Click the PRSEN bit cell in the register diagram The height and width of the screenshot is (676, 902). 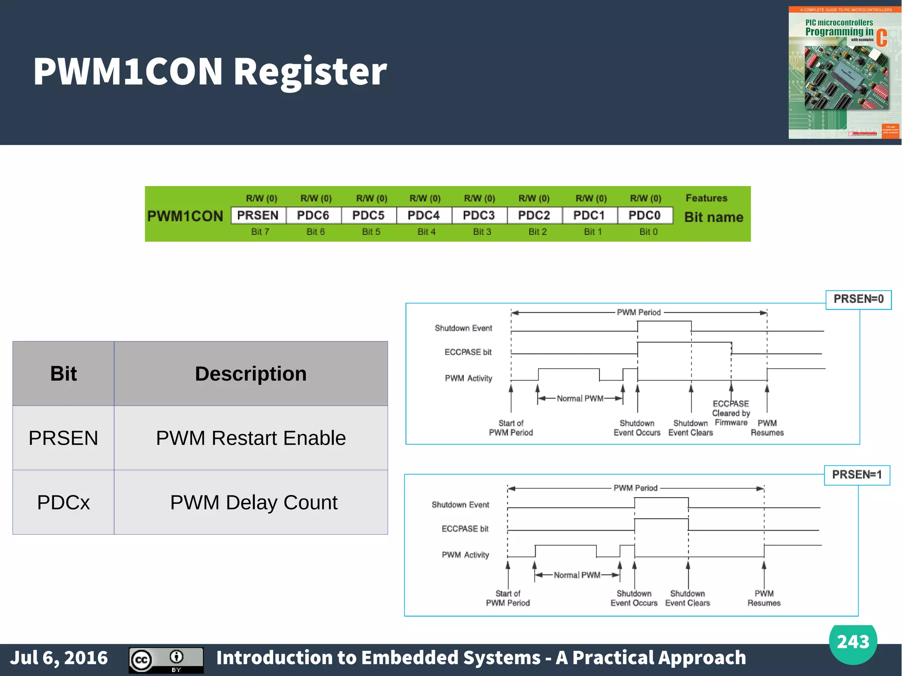point(258,215)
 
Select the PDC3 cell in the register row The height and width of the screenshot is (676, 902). point(479,215)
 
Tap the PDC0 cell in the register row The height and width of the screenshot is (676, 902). point(645,215)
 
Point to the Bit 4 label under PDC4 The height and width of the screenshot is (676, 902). point(426,232)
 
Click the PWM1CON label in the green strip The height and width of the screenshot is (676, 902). point(185,216)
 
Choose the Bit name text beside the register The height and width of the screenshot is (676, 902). point(713,217)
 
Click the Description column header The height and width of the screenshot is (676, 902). point(251,373)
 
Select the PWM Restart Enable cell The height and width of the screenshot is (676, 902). point(251,438)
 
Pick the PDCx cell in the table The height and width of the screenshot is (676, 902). point(63,502)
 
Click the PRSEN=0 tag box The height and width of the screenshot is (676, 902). point(858,299)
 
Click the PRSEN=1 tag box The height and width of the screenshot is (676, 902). point(857,475)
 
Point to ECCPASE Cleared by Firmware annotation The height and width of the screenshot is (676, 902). point(731,413)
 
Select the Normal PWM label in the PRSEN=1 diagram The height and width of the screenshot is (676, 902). point(577,575)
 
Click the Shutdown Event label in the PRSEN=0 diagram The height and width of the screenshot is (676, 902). point(463,328)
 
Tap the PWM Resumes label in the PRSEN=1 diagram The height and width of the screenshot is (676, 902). point(764,598)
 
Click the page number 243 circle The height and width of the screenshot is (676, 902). point(853,642)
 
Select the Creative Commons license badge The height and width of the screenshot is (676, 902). point(166,660)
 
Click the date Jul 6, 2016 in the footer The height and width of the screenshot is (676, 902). point(59,658)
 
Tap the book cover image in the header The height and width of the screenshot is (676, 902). point(844,73)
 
